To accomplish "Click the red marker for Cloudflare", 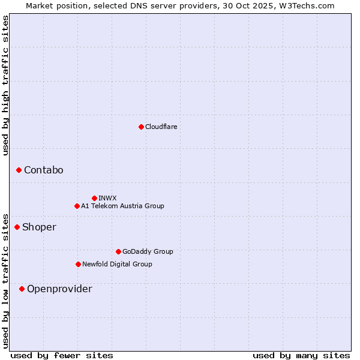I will [141, 127].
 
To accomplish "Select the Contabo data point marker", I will [19, 170].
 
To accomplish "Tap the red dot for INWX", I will [94, 198].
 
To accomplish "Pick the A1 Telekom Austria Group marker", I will [77, 206].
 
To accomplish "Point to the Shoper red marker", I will [17, 227].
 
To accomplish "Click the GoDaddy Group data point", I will [118, 251].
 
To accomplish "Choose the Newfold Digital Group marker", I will [78, 264].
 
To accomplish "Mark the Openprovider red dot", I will [22, 289].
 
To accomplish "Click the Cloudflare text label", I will [161, 127].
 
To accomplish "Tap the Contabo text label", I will [44, 170].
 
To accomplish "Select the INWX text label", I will [107, 198].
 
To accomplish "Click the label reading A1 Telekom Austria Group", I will [122, 206].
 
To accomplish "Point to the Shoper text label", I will [40, 227].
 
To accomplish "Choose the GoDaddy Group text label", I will [148, 251].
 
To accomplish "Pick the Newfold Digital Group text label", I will [117, 264].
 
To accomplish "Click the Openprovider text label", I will [60, 289].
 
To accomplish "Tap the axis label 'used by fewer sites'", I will [62, 355].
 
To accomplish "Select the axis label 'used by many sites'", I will [301, 355].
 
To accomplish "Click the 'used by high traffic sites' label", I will [5, 85].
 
